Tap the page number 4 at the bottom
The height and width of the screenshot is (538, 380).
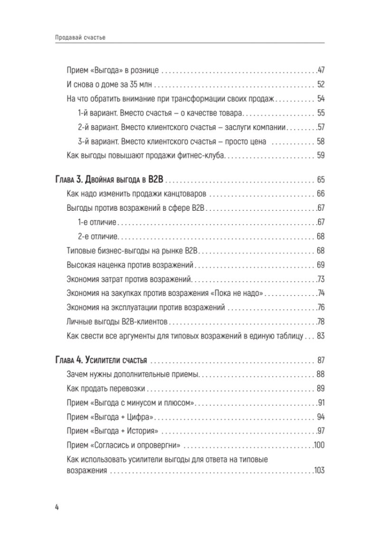pos(57,507)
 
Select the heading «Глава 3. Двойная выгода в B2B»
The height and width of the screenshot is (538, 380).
pos(110,180)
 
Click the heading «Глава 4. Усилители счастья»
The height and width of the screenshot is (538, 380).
pos(101,359)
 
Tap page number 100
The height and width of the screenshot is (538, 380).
pos(318,446)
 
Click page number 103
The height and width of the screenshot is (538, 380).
pos(318,471)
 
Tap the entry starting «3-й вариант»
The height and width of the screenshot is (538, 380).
pos(171,141)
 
